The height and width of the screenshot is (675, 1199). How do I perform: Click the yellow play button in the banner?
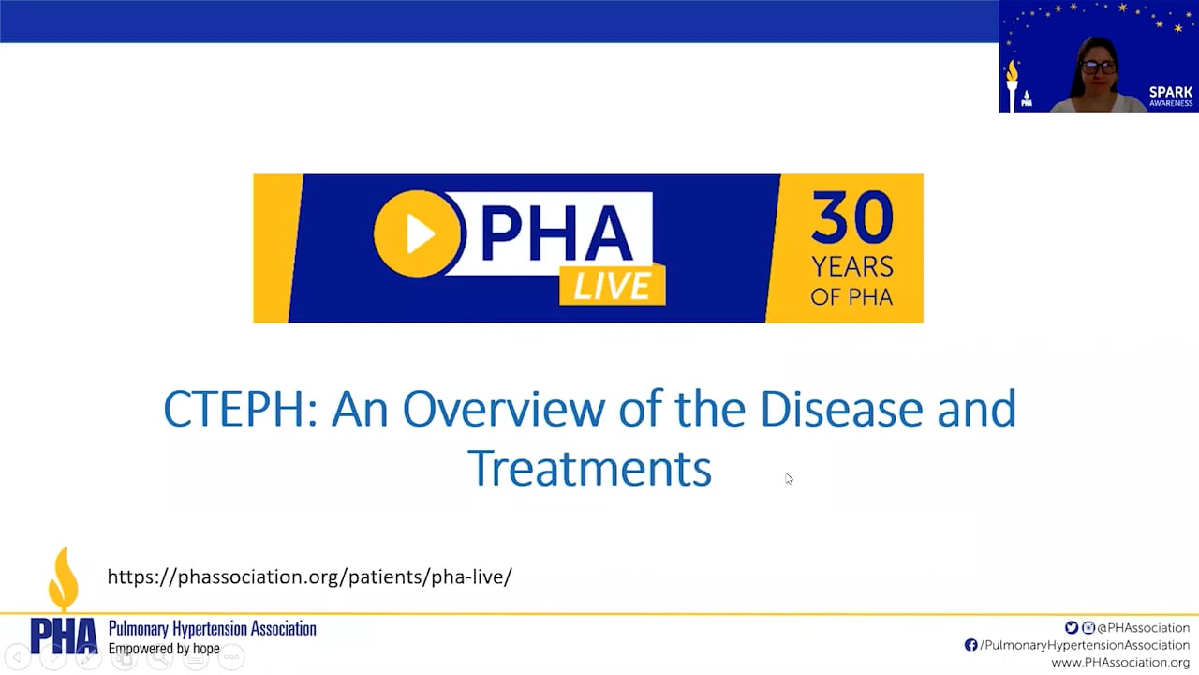tap(419, 233)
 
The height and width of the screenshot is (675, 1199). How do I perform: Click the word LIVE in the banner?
tap(612, 285)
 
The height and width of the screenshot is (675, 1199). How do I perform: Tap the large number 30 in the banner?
tap(851, 218)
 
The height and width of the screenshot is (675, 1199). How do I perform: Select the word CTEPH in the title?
tap(240, 410)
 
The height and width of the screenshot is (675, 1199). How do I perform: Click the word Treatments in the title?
tap(589, 468)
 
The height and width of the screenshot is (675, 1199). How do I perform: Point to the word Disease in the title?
tap(840, 410)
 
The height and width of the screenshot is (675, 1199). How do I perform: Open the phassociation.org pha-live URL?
tap(309, 577)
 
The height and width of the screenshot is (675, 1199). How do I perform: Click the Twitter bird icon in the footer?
tap(1072, 628)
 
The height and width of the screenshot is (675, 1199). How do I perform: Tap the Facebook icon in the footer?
tap(970, 645)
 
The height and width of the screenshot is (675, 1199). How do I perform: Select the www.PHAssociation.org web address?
tap(1120, 663)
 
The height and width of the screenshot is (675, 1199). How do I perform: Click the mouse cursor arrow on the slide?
tap(789, 478)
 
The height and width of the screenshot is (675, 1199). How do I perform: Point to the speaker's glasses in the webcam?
tap(1098, 67)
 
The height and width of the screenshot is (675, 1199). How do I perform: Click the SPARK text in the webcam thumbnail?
tap(1171, 92)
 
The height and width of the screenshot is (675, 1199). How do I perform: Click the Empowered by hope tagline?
tap(164, 649)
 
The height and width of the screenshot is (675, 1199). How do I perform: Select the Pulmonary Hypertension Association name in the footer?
tap(212, 629)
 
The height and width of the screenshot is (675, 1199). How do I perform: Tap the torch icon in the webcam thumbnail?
tap(1012, 82)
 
